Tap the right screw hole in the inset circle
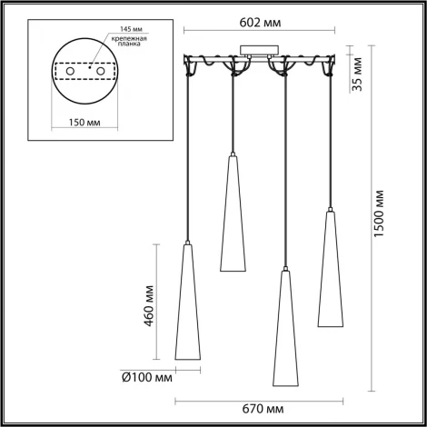(x=104, y=70)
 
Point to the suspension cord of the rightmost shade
(x=330, y=136)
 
